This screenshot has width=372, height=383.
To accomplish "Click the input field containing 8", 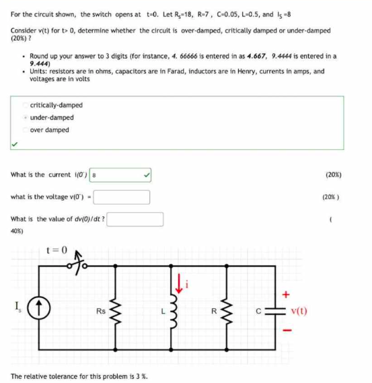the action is (x=121, y=174).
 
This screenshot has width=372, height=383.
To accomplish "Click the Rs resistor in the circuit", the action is (x=118, y=311).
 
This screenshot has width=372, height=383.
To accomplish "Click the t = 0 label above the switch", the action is (x=57, y=250).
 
